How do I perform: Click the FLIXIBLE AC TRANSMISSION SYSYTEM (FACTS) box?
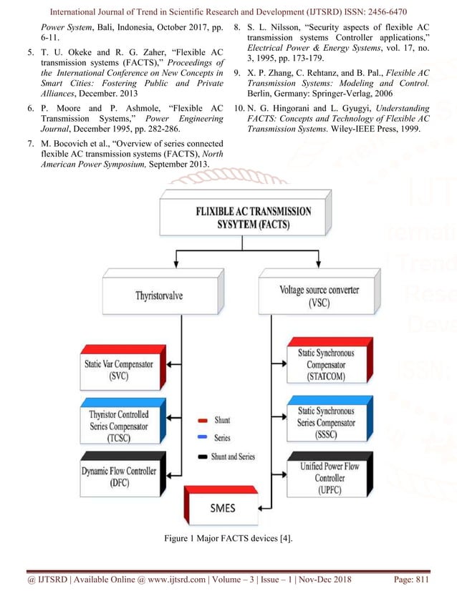[x=254, y=218]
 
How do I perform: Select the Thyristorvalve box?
[x=158, y=295]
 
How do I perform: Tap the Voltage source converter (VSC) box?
[x=319, y=295]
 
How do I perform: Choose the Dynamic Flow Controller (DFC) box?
[x=118, y=477]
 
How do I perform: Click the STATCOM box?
[x=325, y=364]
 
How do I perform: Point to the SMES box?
[x=223, y=509]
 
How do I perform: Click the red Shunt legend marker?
[x=203, y=421]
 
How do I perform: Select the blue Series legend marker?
[x=203, y=438]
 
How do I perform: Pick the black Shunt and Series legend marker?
[x=203, y=456]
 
